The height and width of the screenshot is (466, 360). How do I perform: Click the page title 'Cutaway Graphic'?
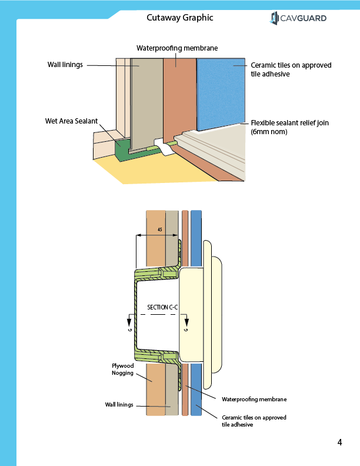click(179, 18)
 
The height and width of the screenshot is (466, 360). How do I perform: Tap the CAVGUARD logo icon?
click(274, 18)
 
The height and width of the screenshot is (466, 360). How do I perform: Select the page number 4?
click(340, 443)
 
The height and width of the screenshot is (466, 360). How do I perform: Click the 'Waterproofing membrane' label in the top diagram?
click(177, 48)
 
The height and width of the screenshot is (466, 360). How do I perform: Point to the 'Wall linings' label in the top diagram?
click(65, 64)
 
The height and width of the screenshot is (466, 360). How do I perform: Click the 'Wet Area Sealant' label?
click(72, 121)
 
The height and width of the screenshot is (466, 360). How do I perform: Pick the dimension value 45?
click(159, 231)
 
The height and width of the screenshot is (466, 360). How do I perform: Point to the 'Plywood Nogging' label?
click(123, 370)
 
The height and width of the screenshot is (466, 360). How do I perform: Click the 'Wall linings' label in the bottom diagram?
click(119, 405)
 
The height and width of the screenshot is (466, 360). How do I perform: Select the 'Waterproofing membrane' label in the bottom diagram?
click(254, 399)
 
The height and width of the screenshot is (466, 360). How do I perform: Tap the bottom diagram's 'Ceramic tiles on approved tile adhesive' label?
click(254, 421)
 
